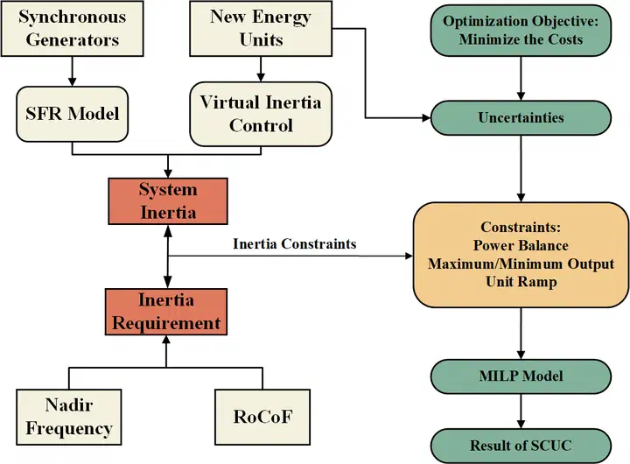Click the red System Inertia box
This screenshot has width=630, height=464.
pos(167,200)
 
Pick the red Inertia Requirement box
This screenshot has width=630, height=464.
pos(167,312)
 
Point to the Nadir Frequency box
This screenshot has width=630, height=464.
pos(69,417)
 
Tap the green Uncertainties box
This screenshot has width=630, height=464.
pos(522,116)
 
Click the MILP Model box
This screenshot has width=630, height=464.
pos(522,376)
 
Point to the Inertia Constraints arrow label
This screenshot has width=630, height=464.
pos(294,243)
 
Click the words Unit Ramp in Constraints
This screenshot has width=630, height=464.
pos(522,282)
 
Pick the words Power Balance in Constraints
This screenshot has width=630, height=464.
pos(522,245)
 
